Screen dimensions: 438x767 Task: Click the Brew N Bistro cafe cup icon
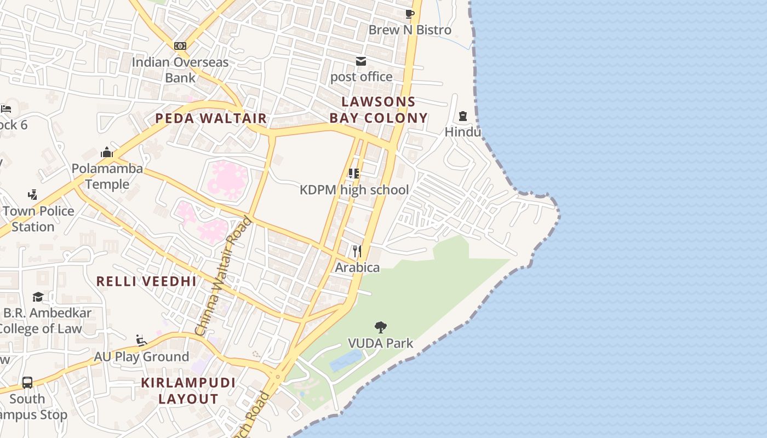[409, 14]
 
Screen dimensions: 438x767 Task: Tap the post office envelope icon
[361, 61]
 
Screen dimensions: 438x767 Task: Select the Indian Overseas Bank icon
[180, 46]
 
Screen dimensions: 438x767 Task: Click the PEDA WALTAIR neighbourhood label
[211, 118]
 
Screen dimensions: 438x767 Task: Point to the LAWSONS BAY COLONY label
[379, 110]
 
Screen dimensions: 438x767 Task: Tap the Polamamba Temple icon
[107, 152]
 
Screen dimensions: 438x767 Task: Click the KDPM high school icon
[354, 174]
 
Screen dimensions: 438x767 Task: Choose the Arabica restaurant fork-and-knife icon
[357, 251]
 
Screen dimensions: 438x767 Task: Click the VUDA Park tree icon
[380, 327]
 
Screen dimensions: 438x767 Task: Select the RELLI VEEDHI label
[146, 281]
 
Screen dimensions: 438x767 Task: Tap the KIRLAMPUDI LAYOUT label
[188, 391]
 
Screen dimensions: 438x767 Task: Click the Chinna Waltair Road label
[224, 277]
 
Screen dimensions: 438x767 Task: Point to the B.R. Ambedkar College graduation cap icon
[38, 297]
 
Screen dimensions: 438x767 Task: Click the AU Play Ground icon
[141, 341]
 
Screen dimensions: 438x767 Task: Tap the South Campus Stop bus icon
[27, 382]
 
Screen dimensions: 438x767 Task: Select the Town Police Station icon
[33, 194]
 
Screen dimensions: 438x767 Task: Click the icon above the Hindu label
[463, 116]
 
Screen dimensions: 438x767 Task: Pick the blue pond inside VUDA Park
[345, 361]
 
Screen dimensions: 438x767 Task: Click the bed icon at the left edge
[5, 108]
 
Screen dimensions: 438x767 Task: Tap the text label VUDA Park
[381, 343]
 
